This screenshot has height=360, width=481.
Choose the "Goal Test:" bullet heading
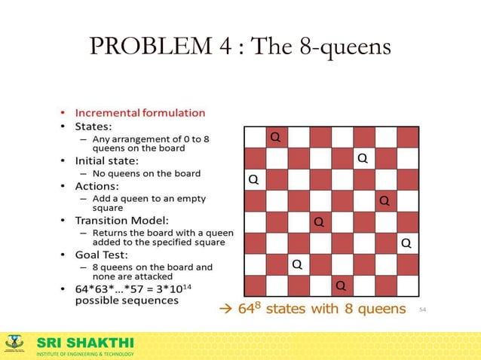pos(103,255)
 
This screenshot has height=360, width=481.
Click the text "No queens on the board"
pos(146,173)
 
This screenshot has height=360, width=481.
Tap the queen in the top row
pos(276,137)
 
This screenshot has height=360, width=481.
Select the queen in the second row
pos(363,158)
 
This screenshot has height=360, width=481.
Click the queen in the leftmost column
pos(253,180)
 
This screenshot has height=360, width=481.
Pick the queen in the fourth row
pos(384,200)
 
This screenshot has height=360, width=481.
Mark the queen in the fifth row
pos(319,222)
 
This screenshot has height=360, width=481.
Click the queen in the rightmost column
pos(406,243)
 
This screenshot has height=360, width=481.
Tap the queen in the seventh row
pos(297,264)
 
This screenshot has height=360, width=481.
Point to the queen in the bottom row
pos(341,285)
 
